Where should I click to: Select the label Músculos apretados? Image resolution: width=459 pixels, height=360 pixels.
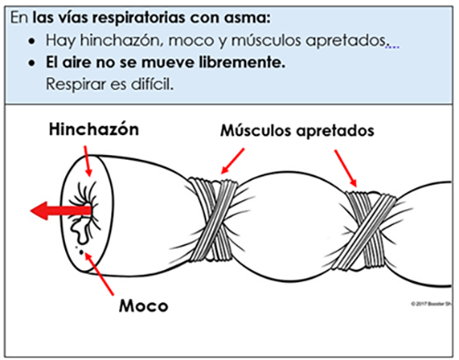click(x=297, y=130)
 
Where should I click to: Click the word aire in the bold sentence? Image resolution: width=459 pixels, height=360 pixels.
click(x=80, y=63)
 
